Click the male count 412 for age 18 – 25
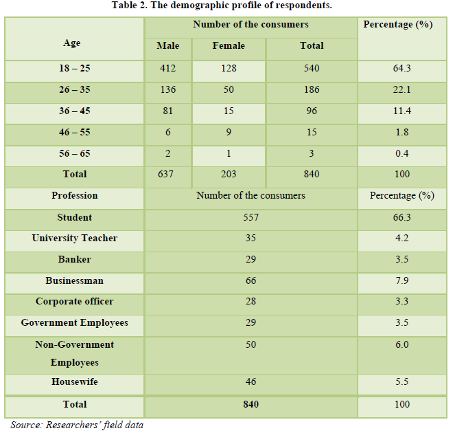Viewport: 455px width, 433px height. (167, 69)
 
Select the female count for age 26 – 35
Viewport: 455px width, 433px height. (229, 90)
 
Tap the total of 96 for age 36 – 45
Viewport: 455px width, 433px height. (312, 111)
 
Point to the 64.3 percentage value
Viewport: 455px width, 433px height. (401, 69)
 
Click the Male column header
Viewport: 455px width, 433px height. (167, 46)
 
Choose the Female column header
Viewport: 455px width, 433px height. (229, 46)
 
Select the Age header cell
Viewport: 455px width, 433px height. (71, 43)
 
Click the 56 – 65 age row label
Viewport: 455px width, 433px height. (74, 153)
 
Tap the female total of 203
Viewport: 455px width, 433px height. (229, 175)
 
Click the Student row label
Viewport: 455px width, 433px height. (74, 217)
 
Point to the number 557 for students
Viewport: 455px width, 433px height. (250, 217)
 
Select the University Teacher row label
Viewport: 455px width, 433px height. (74, 238)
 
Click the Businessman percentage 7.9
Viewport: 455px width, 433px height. (401, 281)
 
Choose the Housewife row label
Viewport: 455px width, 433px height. (74, 381)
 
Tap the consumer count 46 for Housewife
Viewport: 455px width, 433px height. (250, 381)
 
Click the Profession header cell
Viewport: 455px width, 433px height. (74, 196)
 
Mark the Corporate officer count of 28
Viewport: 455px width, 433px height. (250, 302)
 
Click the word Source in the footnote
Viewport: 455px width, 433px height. (25, 425)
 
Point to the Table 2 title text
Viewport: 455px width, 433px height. (227, 5)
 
